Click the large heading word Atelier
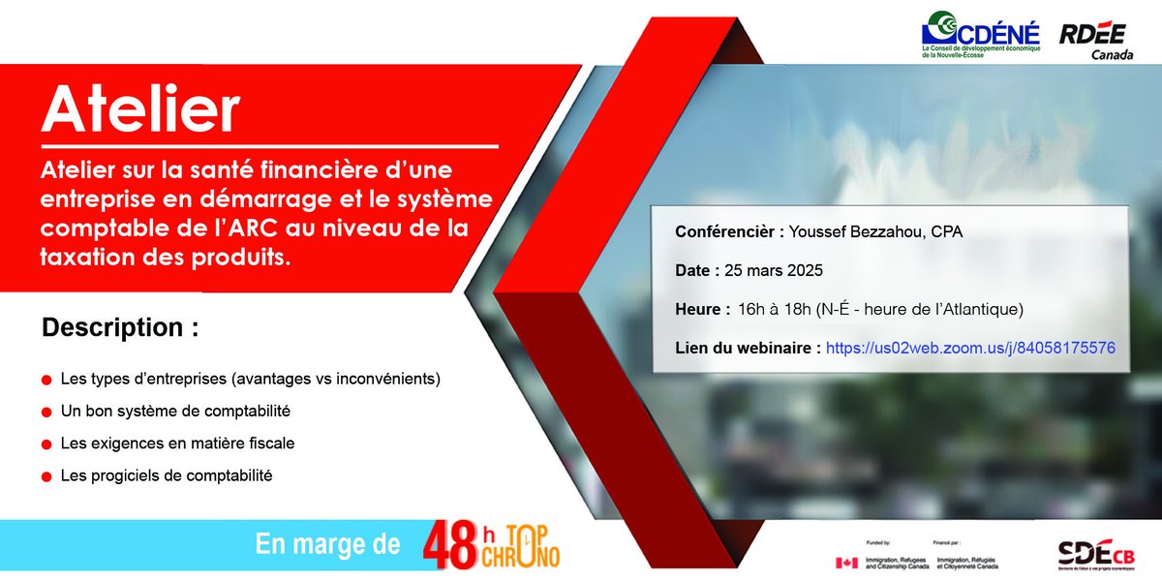[x=140, y=110]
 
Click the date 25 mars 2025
[x=774, y=271]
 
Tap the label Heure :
[x=702, y=309]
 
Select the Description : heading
[x=120, y=327]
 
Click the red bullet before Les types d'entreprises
[x=46, y=379]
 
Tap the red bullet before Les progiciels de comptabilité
[x=46, y=477]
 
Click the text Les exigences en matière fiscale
[x=177, y=443]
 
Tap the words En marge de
[x=327, y=544]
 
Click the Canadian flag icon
[x=845, y=563]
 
